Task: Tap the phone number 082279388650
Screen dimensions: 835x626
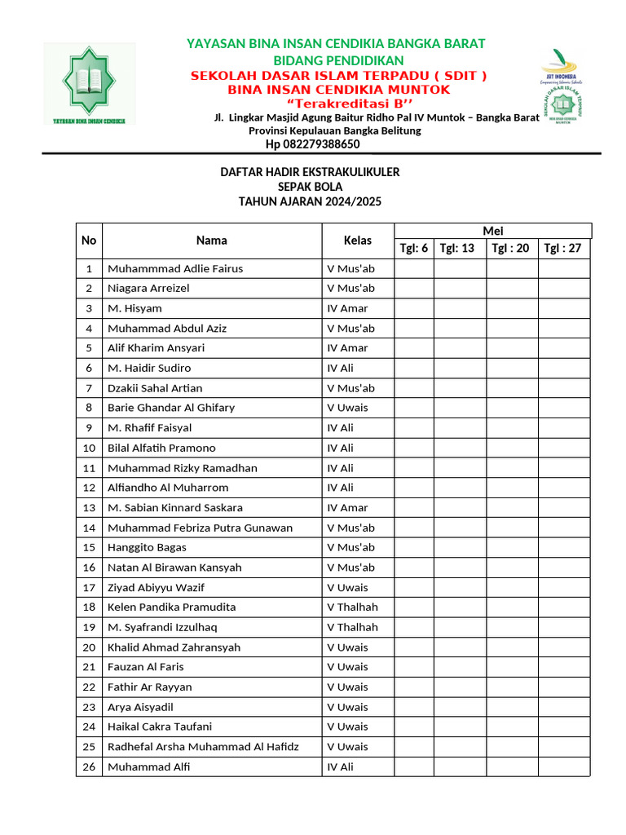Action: coord(312,144)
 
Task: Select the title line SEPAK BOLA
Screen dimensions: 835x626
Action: coord(310,187)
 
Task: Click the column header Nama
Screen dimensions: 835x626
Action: coord(211,241)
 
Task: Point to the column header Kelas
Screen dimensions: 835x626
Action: coord(357,241)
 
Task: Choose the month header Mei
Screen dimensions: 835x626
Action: coord(493,231)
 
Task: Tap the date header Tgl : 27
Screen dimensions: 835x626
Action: coord(562,249)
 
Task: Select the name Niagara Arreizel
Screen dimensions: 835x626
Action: coord(148,289)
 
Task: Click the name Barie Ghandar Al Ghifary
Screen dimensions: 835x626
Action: coord(170,408)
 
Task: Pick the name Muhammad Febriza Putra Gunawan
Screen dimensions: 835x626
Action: coord(200,528)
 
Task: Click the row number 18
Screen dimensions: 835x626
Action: coord(89,607)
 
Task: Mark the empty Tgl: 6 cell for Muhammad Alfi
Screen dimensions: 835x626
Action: coord(413,767)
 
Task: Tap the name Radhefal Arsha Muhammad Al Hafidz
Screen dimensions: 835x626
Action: coord(203,747)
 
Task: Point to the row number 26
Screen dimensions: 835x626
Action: coord(89,767)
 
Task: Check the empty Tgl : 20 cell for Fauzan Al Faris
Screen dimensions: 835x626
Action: coord(512,667)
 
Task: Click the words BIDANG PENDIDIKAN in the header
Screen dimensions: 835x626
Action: coord(337,60)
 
